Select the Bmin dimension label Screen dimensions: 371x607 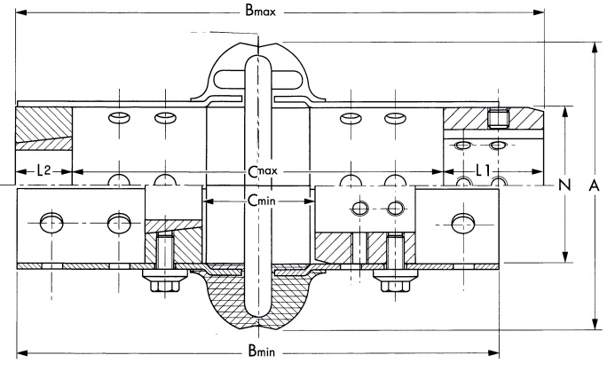260,353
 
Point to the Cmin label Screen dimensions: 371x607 259,201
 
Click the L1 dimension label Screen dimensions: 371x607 484,169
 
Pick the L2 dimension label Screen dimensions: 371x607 43,169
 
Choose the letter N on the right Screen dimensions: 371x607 563,185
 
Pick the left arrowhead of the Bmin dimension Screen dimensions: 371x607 21,353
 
